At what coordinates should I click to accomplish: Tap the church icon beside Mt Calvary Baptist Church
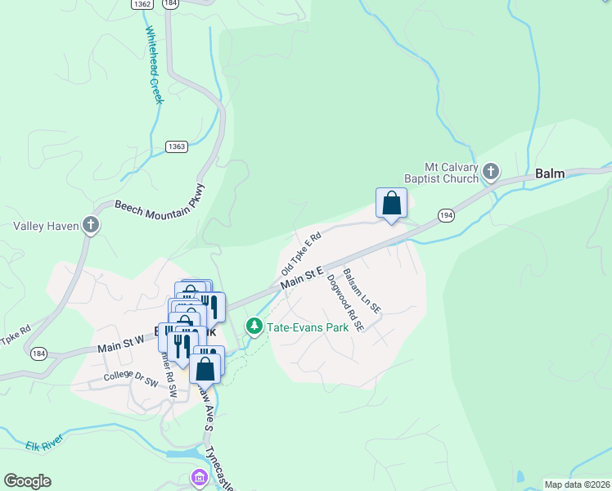click(x=491, y=172)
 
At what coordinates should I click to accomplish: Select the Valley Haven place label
click(x=46, y=226)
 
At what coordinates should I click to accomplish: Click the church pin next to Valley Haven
click(x=90, y=225)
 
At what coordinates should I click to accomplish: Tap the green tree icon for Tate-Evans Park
click(x=254, y=327)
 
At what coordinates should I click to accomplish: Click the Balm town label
click(x=549, y=174)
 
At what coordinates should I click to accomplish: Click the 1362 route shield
click(x=142, y=4)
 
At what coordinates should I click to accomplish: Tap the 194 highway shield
click(x=445, y=214)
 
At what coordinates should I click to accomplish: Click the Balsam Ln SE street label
click(x=362, y=291)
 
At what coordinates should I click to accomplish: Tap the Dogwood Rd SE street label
click(x=344, y=302)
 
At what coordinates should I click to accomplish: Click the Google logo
click(x=27, y=481)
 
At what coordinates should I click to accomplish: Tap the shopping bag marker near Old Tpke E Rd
click(x=391, y=204)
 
